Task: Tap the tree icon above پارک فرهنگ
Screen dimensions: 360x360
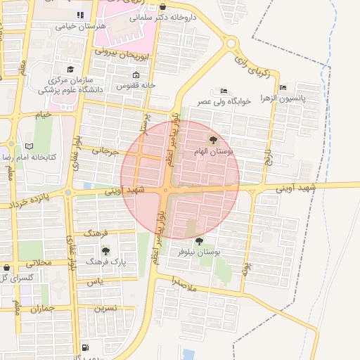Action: (105, 250)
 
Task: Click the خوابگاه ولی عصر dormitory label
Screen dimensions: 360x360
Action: (223, 101)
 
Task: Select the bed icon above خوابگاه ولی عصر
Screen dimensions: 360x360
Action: (224, 91)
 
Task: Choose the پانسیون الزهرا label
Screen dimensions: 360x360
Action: (283, 98)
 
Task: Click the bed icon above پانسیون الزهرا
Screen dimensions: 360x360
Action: (283, 87)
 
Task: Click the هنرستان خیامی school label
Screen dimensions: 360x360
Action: (82, 25)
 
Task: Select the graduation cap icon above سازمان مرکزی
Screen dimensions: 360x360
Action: (70, 69)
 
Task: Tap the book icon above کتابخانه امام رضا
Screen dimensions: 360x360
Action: (29, 146)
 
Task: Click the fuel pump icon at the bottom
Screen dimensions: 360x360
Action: (85, 347)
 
